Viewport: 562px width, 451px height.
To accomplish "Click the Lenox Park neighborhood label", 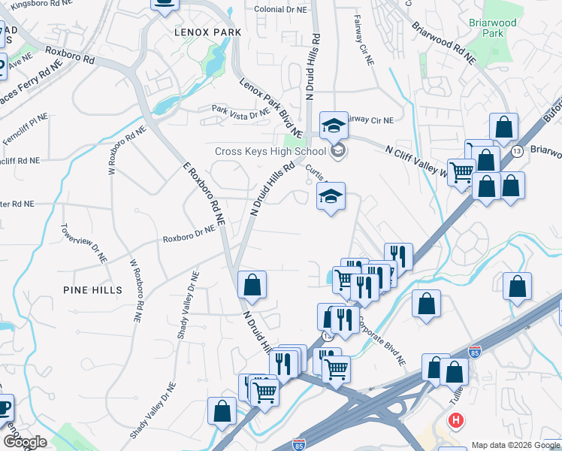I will tap(207, 32).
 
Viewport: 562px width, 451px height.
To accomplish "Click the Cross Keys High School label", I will tap(271, 151).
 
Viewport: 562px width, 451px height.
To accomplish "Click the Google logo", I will tap(25, 442).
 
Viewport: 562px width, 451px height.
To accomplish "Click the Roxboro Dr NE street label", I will tap(190, 237).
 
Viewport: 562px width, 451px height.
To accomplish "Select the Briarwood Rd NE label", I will tap(444, 41).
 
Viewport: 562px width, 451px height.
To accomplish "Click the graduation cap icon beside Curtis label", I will tap(331, 198).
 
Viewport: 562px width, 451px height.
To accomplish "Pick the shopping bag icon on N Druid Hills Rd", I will tap(252, 286).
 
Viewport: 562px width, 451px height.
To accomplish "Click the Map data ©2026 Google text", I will tap(515, 445).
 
